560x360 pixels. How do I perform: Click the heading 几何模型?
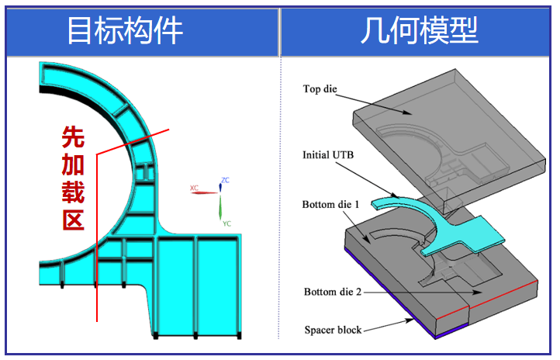click(x=419, y=31)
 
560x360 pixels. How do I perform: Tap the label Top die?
click(x=320, y=89)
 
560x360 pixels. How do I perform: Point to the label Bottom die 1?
click(x=331, y=205)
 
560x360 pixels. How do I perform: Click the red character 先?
click(x=74, y=137)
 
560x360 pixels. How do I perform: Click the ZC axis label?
click(x=225, y=181)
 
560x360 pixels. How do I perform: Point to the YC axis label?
click(x=226, y=223)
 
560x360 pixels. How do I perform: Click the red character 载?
click(x=74, y=192)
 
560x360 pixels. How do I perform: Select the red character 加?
click(x=74, y=164)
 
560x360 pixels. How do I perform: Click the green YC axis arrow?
click(x=220, y=207)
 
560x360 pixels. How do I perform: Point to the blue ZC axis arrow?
click(x=220, y=188)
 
